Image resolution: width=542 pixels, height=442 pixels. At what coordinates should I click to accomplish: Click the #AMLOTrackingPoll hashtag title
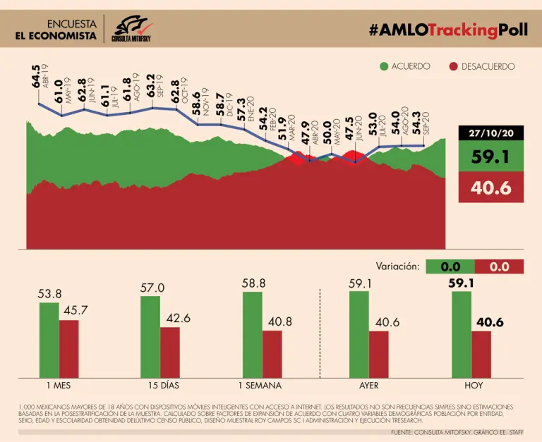click(447, 30)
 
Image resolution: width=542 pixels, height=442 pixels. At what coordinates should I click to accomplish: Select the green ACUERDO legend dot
click(384, 66)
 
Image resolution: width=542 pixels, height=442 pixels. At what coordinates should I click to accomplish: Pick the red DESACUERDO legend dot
click(455, 66)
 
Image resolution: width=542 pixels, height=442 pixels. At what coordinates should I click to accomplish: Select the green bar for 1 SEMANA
click(252, 335)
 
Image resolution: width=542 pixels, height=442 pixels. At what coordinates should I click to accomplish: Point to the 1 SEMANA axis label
click(259, 386)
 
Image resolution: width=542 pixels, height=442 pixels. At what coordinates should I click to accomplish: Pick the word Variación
click(398, 266)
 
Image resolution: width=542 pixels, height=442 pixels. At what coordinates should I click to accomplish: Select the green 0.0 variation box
click(451, 266)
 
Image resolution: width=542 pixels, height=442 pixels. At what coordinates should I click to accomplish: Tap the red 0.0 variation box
click(499, 266)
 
